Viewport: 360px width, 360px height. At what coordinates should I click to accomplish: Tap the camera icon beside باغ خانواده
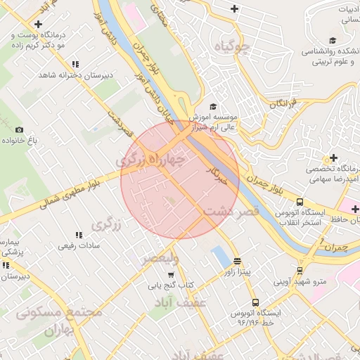[x=19, y=129]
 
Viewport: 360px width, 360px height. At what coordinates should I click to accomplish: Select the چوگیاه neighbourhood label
[x=233, y=47]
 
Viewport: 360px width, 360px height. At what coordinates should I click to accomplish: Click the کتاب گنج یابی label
[x=169, y=285]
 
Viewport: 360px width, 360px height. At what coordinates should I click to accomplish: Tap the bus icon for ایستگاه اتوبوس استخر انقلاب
[x=300, y=201]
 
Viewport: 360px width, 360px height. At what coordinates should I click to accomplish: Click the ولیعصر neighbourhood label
[x=160, y=259]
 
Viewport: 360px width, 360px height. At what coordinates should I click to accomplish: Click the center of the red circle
[x=180, y=179]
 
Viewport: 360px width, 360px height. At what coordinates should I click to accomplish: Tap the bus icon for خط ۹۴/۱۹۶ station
[x=255, y=300]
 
